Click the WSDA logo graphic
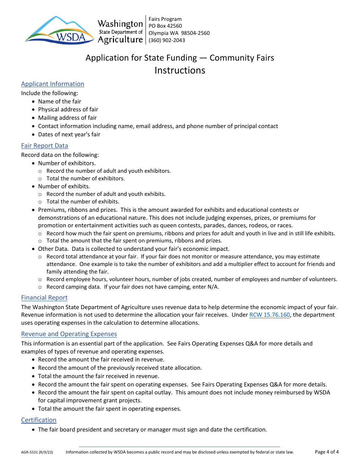click(x=59, y=30)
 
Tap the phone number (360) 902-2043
click(x=167, y=40)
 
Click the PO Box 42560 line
click(x=165, y=26)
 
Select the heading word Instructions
click(x=180, y=70)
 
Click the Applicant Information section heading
click(x=53, y=84)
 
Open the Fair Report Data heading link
click(x=45, y=146)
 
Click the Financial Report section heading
click(x=44, y=298)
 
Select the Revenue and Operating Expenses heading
click(x=69, y=334)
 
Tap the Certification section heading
click(x=39, y=420)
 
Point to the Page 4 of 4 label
click(x=327, y=452)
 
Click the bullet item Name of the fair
click(x=59, y=102)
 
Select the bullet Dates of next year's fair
click(x=69, y=134)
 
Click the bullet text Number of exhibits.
click(x=64, y=186)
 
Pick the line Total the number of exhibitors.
click(x=85, y=178)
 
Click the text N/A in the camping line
click(x=213, y=287)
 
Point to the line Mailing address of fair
click(x=67, y=118)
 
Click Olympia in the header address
click(x=158, y=33)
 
